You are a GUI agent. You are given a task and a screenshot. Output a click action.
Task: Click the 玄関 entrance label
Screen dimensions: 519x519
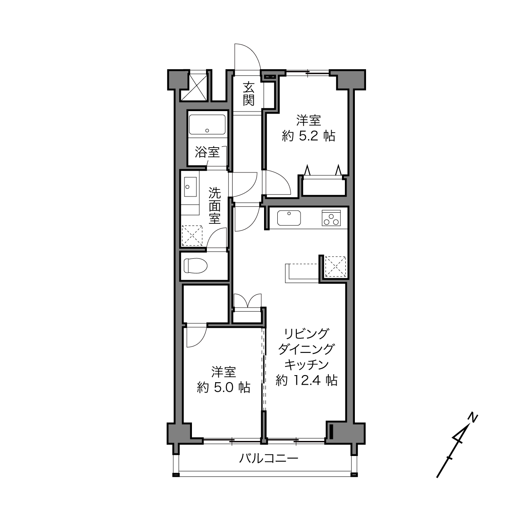249,94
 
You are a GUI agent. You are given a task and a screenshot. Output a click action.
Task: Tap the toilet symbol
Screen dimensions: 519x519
196,266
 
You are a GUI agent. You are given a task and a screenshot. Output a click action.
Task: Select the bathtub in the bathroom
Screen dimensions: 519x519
207,124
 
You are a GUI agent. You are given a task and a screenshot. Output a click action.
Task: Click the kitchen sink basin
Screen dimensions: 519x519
289,218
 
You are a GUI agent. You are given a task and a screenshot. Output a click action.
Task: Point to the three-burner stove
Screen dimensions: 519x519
331,218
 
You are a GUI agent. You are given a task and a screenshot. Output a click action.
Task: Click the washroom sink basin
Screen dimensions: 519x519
190,187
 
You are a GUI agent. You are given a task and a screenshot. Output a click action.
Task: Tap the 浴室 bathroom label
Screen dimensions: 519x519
207,153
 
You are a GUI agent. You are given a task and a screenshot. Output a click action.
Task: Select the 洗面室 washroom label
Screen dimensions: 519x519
215,206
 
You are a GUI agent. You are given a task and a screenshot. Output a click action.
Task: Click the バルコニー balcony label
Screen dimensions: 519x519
269,458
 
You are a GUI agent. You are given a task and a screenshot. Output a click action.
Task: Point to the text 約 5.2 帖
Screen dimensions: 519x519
309,136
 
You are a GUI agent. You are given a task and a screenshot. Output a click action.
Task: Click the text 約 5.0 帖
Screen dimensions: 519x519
223,387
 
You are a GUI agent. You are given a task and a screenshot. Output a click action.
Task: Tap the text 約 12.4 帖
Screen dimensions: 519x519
307,380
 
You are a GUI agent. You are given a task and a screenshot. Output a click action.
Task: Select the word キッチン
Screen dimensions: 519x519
306,365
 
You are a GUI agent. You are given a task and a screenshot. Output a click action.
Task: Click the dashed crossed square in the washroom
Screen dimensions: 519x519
192,236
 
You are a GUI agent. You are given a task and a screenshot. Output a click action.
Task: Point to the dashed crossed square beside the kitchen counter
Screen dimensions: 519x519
335,267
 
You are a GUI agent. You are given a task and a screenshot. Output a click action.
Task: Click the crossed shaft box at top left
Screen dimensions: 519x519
194,86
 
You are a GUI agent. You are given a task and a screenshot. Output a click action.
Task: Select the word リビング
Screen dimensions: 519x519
306,334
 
